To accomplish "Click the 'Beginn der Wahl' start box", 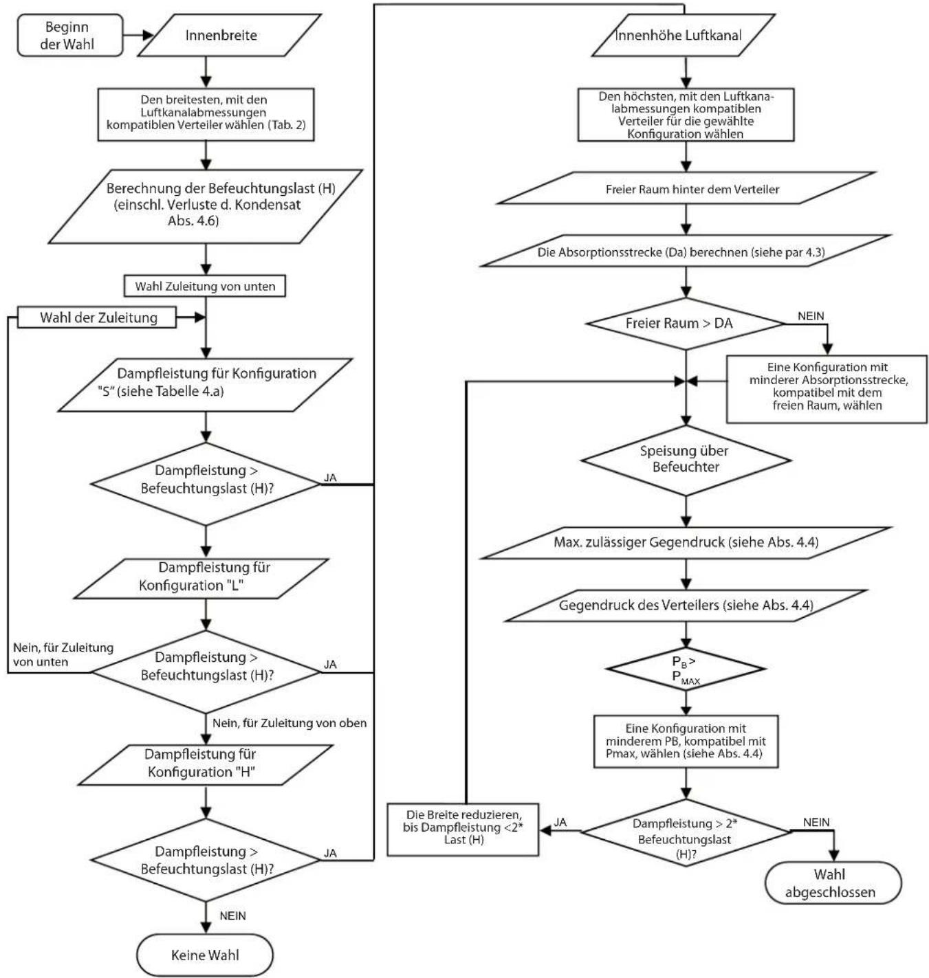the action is tap(70, 35).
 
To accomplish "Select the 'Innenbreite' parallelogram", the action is tap(230, 35).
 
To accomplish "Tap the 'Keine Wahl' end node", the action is tap(205, 955).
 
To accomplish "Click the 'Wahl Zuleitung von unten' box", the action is tap(205, 286).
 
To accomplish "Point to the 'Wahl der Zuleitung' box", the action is tap(96, 318).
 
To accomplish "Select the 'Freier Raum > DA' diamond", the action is tap(686, 323).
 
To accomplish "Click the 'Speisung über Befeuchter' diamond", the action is tap(686, 460).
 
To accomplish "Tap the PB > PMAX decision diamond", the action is tap(686, 669).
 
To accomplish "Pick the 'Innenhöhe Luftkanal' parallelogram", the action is tap(684, 35).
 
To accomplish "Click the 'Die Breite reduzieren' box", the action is tap(463, 830).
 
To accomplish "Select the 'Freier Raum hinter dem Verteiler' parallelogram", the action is tap(686, 188).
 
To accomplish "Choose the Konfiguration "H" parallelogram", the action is tap(206, 765).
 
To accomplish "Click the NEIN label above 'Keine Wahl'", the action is tap(233, 916).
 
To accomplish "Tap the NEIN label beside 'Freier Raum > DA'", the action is tap(811, 316).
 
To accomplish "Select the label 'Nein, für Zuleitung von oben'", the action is tap(289, 723).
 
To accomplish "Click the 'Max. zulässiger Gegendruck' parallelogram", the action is tap(686, 543).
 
